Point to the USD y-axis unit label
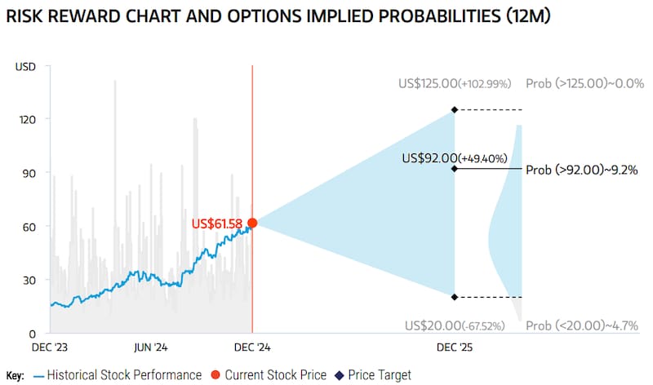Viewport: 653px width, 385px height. click(x=25, y=66)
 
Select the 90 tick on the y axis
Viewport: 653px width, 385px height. click(x=30, y=173)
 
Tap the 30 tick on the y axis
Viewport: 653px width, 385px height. click(x=30, y=280)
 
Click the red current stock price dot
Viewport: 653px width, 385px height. click(x=252, y=223)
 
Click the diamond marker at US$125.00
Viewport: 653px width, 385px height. click(x=455, y=109)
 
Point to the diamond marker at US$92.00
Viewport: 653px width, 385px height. click(x=455, y=169)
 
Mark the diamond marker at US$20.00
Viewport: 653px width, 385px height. click(x=455, y=297)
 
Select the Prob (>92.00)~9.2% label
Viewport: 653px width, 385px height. click(x=581, y=170)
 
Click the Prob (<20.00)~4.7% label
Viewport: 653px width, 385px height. click(x=581, y=326)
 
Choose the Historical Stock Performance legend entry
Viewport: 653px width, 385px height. click(x=117, y=375)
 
